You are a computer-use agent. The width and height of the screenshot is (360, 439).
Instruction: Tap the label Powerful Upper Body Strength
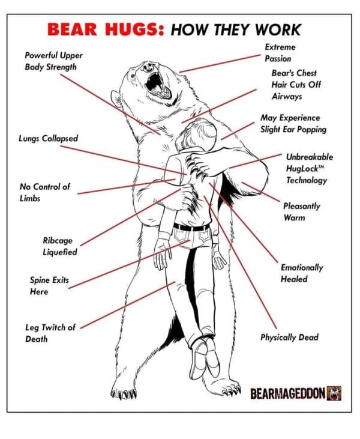(x=53, y=61)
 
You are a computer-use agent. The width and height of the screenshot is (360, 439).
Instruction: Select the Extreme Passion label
(x=280, y=53)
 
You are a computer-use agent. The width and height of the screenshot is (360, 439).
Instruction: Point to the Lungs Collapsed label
(x=48, y=139)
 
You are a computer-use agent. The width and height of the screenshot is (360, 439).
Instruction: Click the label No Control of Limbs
(x=44, y=192)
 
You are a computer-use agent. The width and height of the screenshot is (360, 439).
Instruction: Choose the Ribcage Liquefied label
(x=59, y=246)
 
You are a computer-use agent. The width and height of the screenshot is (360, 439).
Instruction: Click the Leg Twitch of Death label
(x=50, y=333)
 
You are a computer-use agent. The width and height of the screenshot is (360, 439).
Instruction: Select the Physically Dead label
(x=289, y=338)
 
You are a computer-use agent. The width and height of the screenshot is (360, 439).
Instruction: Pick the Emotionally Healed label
(x=302, y=273)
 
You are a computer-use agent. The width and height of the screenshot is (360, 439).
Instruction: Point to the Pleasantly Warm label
(x=302, y=211)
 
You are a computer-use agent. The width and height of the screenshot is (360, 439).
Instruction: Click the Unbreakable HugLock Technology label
(x=309, y=168)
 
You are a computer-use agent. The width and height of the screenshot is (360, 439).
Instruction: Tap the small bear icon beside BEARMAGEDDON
(x=334, y=393)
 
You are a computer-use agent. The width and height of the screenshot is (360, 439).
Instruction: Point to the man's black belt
(x=192, y=228)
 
